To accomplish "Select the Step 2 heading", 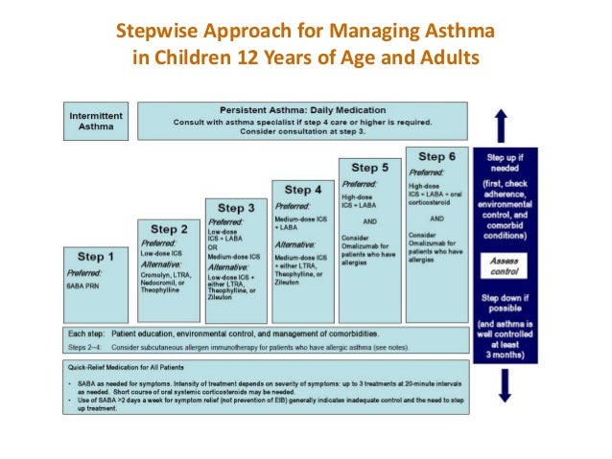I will click(x=169, y=229).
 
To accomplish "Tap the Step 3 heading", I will click(x=236, y=207).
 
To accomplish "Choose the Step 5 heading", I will click(x=370, y=168).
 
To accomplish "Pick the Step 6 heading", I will click(x=437, y=156).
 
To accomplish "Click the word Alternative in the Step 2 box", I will click(x=162, y=263).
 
